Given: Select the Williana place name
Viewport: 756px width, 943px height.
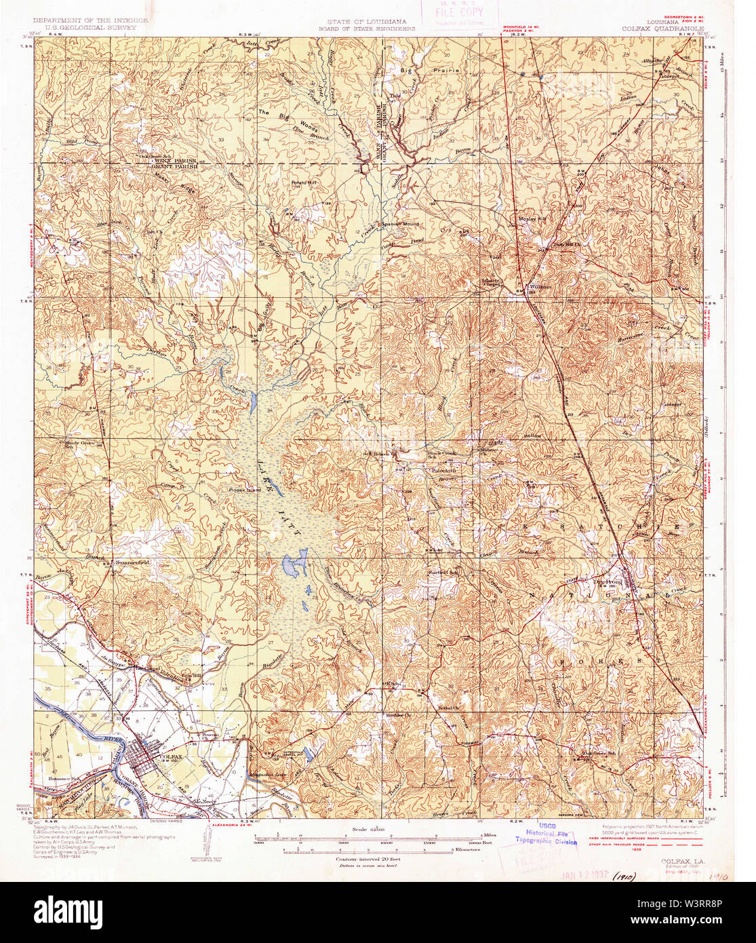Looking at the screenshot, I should tap(542, 287).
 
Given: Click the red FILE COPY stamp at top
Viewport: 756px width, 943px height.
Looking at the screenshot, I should tap(459, 13).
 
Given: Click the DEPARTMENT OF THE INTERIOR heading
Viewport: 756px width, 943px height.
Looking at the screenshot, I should tap(91, 22).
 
